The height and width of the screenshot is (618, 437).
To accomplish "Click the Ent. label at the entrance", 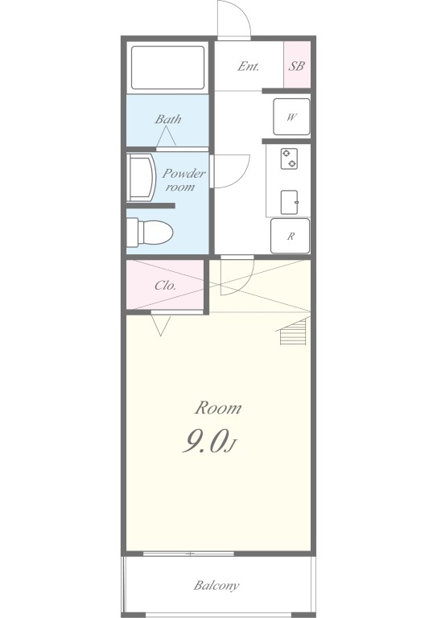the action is click(x=248, y=66).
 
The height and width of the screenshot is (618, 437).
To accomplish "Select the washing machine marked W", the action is click(x=291, y=117).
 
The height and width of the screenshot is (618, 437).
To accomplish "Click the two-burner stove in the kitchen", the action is click(x=289, y=159).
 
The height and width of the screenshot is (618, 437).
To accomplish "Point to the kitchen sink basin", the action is click(x=289, y=202).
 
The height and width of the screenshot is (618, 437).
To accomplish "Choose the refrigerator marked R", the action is click(x=290, y=236).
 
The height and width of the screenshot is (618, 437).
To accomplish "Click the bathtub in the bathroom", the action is click(x=168, y=68).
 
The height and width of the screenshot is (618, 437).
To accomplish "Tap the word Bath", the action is click(x=168, y=118).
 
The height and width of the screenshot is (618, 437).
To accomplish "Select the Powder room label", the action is click(x=183, y=179).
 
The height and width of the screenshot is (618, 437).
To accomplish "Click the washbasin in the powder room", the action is click(x=140, y=177).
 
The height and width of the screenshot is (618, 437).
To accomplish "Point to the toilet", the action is click(x=150, y=233).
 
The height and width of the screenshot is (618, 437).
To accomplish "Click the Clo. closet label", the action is click(x=166, y=285).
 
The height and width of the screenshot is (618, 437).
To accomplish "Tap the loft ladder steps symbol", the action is click(x=292, y=331).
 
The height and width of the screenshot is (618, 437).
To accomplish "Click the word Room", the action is click(x=218, y=408).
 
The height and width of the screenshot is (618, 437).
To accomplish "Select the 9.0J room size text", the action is click(x=209, y=441).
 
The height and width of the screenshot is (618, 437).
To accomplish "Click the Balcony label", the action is click(x=216, y=585).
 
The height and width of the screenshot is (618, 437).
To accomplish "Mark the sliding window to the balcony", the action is click(x=189, y=554).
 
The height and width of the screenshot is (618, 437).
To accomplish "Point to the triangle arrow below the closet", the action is click(x=161, y=326).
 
